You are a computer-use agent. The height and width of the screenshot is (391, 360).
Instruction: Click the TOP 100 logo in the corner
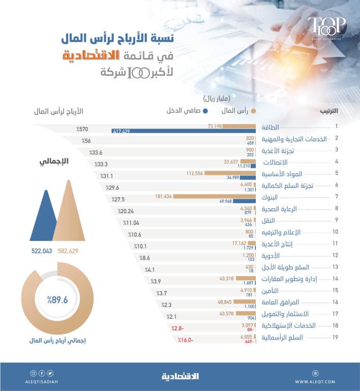(326, 26)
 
